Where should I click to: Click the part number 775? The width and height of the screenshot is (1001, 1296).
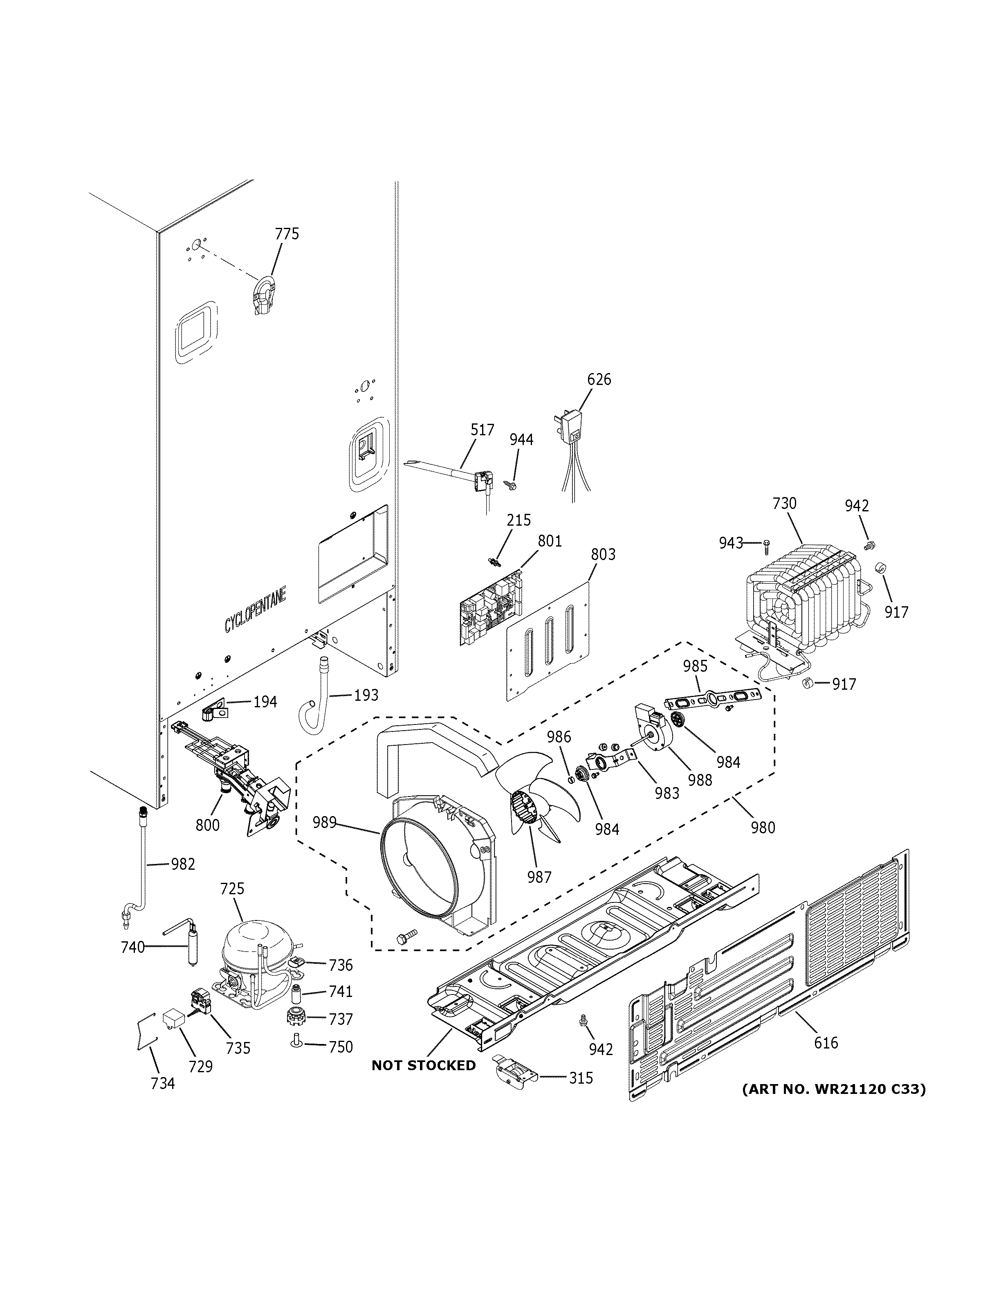(287, 234)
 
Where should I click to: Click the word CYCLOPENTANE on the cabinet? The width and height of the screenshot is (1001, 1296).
(255, 603)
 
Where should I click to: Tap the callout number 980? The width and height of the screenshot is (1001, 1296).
(763, 827)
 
